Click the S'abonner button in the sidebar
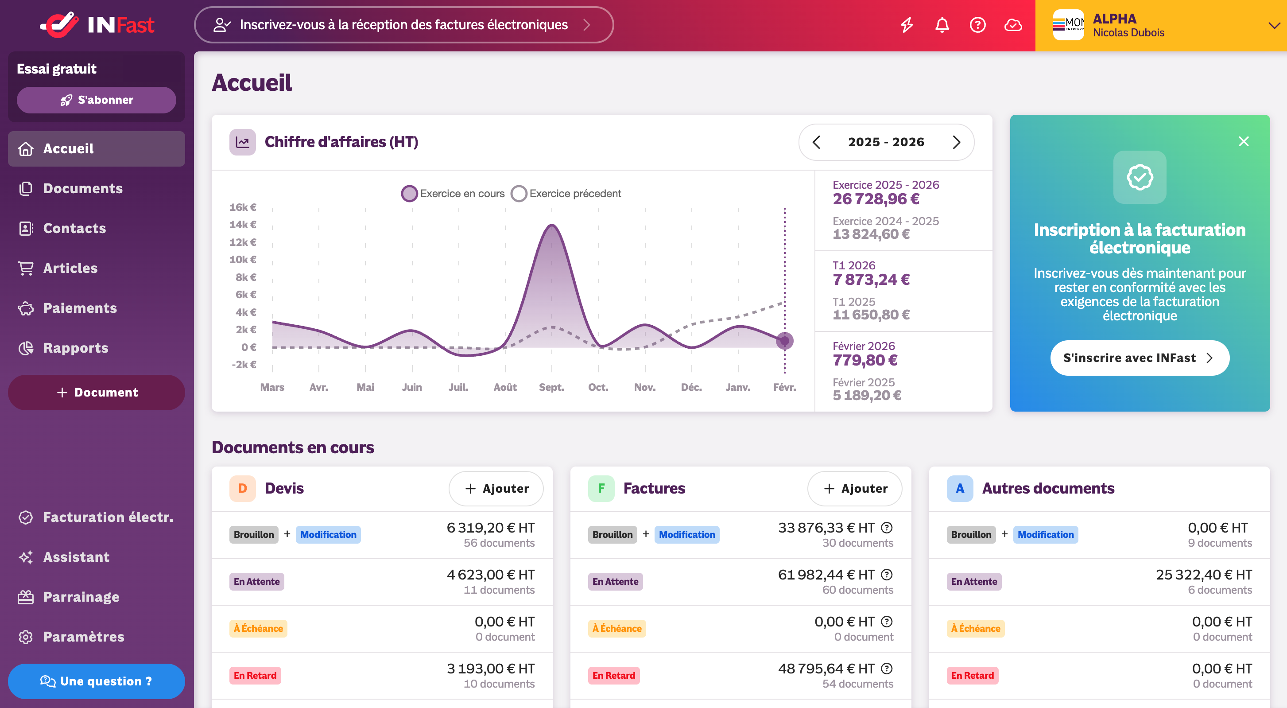click(x=97, y=100)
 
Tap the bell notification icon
click(x=942, y=25)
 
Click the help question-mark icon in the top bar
click(x=977, y=25)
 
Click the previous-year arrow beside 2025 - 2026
click(x=816, y=142)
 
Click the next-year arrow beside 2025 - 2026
click(x=956, y=142)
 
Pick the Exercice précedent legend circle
click(x=519, y=193)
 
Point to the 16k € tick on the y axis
click(x=243, y=207)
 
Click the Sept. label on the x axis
click(x=551, y=387)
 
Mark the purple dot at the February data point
click(x=784, y=341)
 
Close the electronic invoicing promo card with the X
click(x=1244, y=141)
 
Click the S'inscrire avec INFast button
click(x=1140, y=358)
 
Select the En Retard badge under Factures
click(x=613, y=676)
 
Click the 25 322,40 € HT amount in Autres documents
click(x=1204, y=575)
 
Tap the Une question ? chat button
click(x=97, y=681)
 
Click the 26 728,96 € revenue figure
click(x=876, y=199)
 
